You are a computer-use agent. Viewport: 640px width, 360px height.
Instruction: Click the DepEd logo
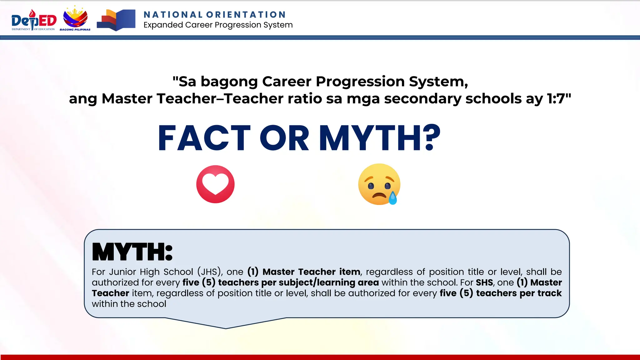pos(34,20)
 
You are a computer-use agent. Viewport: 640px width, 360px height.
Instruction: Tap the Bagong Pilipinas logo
pos(75,19)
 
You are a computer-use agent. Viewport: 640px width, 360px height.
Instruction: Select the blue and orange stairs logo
pos(116,20)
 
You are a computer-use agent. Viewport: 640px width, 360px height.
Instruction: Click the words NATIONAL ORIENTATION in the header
pos(215,15)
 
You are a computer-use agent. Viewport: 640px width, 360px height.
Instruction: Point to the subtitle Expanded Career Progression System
pos(218,25)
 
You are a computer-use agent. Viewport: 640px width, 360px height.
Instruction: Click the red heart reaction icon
pos(215,184)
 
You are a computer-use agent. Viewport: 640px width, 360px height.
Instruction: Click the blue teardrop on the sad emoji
pos(392,198)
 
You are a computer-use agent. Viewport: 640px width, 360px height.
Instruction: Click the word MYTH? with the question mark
pos(380,138)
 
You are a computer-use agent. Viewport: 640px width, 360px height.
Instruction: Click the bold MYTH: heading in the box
pos(132,252)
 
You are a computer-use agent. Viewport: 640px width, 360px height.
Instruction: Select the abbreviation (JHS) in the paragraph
pos(209,272)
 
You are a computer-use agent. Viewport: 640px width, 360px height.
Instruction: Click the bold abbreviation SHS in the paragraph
pos(484,282)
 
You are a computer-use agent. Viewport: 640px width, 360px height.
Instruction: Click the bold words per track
pos(541,293)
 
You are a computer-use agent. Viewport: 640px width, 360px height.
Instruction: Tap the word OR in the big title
pos(284,138)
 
